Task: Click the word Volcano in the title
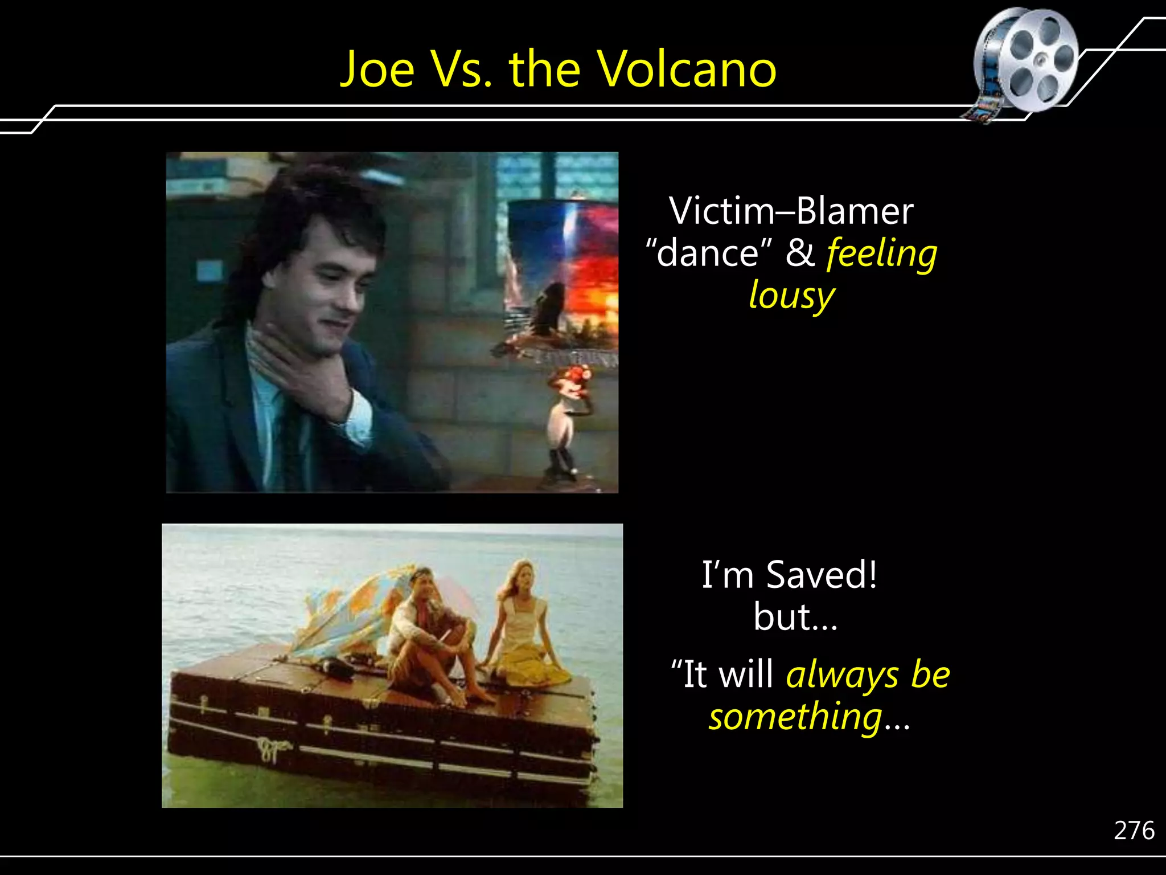point(685,69)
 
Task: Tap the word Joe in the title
point(377,69)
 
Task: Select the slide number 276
point(1134,831)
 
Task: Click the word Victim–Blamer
point(791,211)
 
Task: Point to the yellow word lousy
point(791,296)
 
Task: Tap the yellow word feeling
point(882,253)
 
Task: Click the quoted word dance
point(709,253)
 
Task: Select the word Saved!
point(822,575)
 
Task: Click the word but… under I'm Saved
point(795,617)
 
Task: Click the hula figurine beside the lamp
point(566,422)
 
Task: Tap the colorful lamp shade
point(564,268)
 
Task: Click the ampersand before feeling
point(800,253)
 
